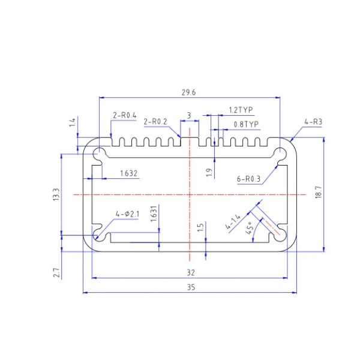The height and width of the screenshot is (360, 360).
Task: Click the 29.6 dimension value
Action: pos(189,92)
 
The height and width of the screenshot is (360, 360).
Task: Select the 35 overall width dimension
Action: pos(191,287)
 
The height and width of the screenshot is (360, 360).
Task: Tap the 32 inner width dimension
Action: pos(191,272)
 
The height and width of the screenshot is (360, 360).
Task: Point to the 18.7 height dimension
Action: pos(319,193)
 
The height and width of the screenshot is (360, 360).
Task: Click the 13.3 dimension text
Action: pos(56,194)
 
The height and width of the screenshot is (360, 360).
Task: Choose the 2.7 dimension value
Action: pos(57,272)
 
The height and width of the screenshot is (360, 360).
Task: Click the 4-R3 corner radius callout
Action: pos(313,122)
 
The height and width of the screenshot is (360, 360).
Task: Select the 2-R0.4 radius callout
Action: pos(125,115)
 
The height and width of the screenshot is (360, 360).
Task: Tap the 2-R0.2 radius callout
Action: pos(155,121)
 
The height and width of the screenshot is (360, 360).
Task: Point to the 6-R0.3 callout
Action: pos(248,179)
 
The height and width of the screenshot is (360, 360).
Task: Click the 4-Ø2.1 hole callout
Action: pos(127,214)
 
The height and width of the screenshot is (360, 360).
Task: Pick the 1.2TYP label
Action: pos(241,110)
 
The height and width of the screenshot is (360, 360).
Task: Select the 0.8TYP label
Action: pos(246,124)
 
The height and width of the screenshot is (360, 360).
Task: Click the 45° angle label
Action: pos(250,228)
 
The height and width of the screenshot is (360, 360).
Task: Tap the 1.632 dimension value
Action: pos(129,173)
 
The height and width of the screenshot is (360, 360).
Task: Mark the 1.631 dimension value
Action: pos(154,214)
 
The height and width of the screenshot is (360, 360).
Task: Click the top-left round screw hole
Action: pos(99,154)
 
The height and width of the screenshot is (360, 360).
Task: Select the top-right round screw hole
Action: pos(280,154)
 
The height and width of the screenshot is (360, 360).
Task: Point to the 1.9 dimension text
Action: pos(209,172)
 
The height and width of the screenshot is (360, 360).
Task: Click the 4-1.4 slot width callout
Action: pos(233,221)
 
